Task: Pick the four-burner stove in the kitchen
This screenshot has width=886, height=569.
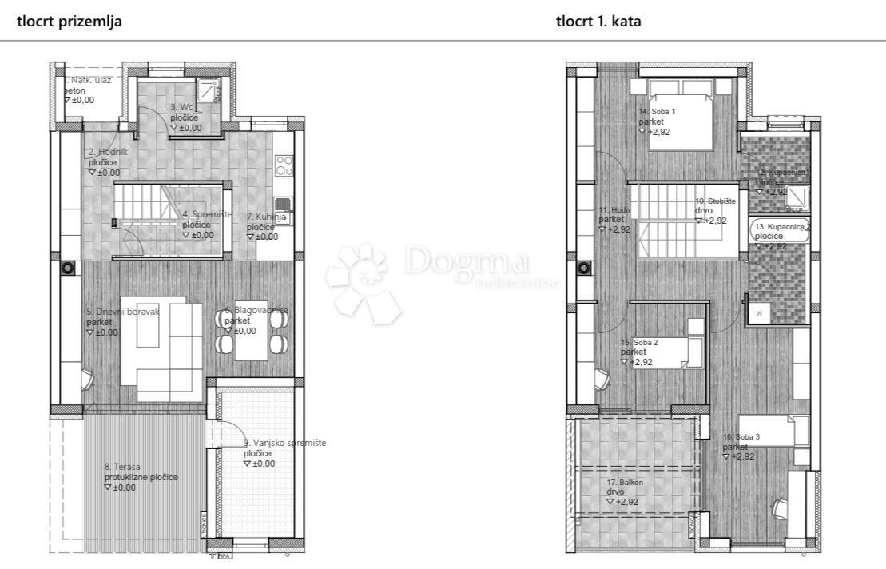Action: point(284,165)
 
